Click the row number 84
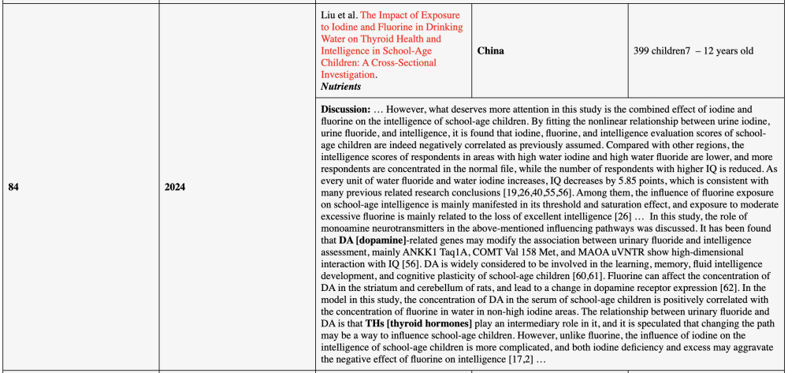13,187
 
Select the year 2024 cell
177,187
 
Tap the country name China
490,50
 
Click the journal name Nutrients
341,86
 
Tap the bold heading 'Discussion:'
344,108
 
